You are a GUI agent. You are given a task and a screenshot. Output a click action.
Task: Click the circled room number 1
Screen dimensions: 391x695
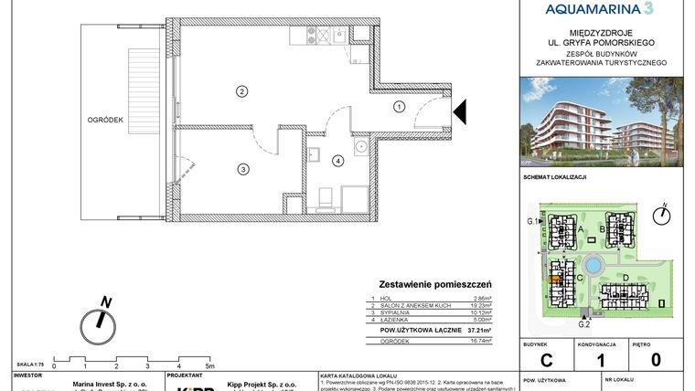[x=399, y=106]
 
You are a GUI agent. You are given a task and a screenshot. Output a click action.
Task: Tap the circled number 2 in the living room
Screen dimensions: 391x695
[x=241, y=91]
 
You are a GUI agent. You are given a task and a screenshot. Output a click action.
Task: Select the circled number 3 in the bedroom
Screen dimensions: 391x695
[x=242, y=169]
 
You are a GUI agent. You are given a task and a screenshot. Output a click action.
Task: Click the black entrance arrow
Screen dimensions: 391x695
[x=460, y=111]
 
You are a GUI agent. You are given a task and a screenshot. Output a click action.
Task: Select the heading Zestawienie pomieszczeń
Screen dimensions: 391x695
[x=435, y=285]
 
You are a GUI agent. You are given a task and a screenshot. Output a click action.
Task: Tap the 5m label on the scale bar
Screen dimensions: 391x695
[x=210, y=365]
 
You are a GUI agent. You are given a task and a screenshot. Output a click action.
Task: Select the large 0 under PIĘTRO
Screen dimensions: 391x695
[x=656, y=360]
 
